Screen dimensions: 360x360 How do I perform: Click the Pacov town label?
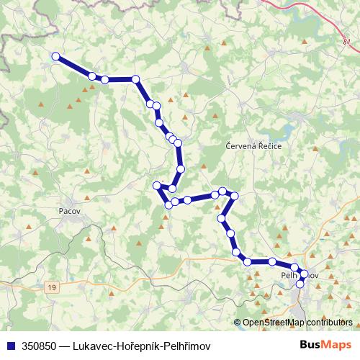coord(67,211)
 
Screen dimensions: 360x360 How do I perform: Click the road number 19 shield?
coord(51,287)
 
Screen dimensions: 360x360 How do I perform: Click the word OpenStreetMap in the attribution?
coord(276,322)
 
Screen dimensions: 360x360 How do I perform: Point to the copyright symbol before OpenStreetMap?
coord(238,322)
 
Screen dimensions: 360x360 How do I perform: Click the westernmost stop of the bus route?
coord(55,56)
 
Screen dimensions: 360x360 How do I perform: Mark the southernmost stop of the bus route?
coord(300,284)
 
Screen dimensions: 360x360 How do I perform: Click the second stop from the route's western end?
coord(92,76)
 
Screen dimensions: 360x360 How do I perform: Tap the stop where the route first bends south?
coord(135,79)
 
